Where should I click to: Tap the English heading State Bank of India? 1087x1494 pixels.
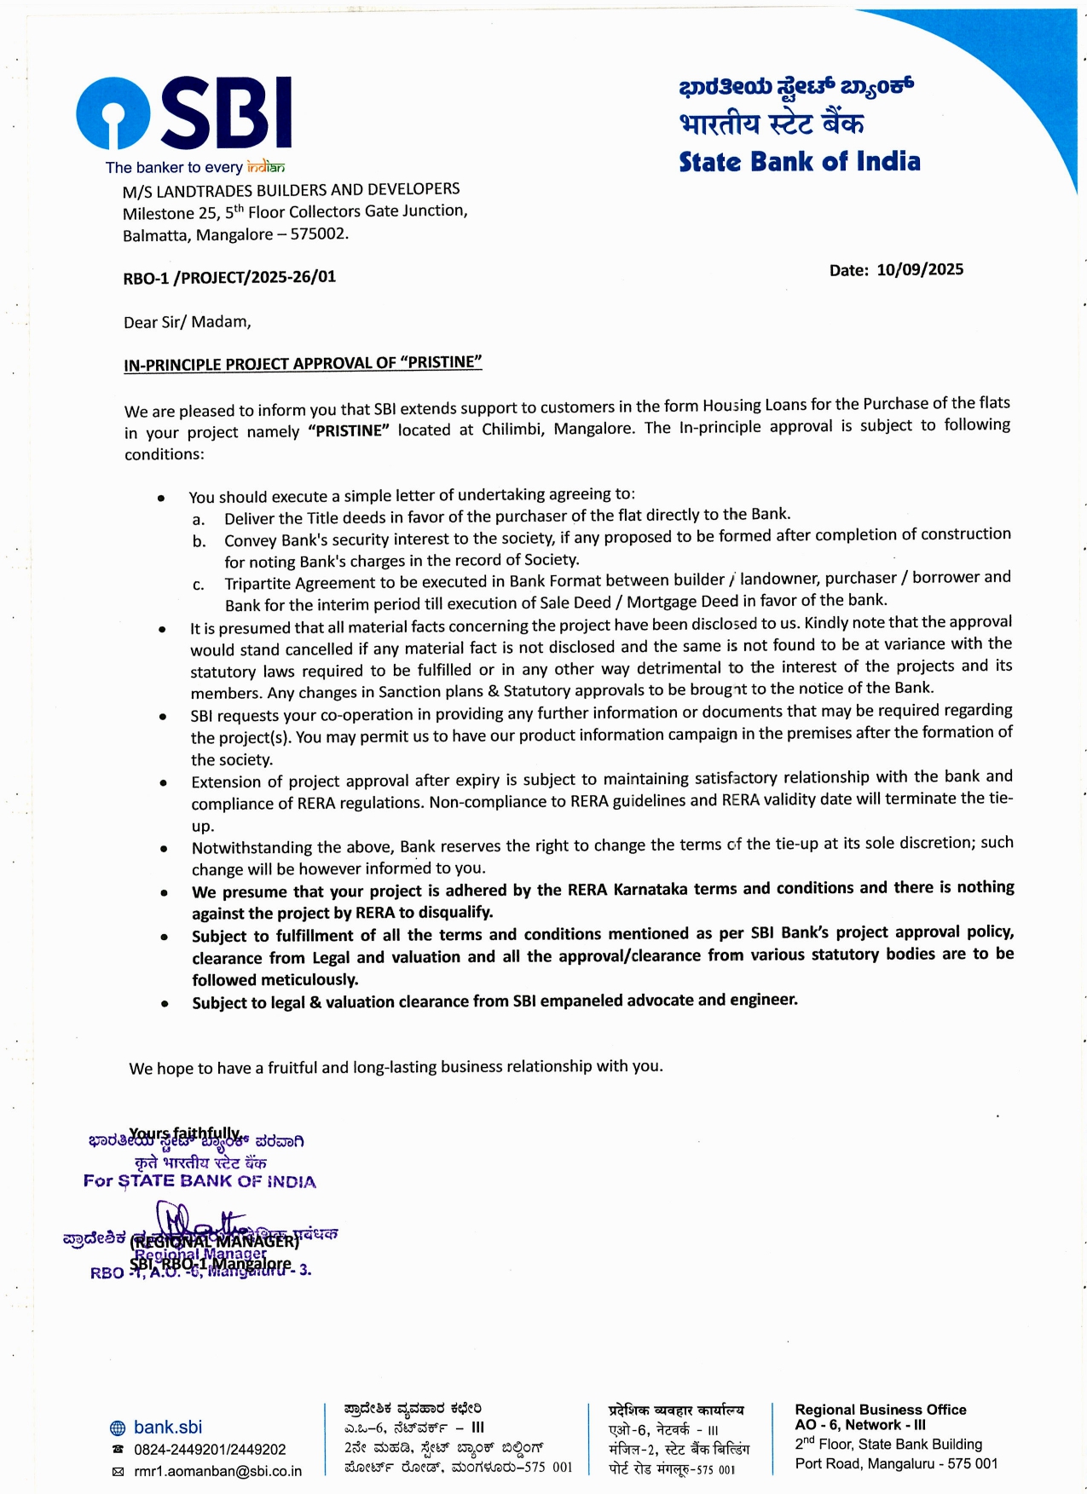pos(799,162)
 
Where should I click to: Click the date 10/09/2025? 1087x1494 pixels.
pos(920,269)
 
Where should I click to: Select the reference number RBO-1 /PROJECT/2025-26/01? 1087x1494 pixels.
pos(229,277)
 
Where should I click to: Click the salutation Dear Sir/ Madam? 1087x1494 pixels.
pos(188,322)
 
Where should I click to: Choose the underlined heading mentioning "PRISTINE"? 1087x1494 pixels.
pos(303,363)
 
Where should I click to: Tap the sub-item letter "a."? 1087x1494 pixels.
pos(198,520)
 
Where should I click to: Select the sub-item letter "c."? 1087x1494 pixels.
pos(198,585)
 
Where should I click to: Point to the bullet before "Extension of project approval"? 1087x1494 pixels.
pos(163,782)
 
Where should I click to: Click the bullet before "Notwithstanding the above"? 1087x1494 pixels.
pos(163,849)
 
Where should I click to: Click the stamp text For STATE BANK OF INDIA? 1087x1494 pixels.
pos(199,1181)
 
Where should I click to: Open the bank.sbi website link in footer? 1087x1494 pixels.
pos(168,1427)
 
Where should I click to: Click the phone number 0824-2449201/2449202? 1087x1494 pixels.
pos(210,1449)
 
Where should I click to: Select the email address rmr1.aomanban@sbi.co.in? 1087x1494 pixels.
pos(217,1471)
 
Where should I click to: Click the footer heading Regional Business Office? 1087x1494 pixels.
pos(880,1410)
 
